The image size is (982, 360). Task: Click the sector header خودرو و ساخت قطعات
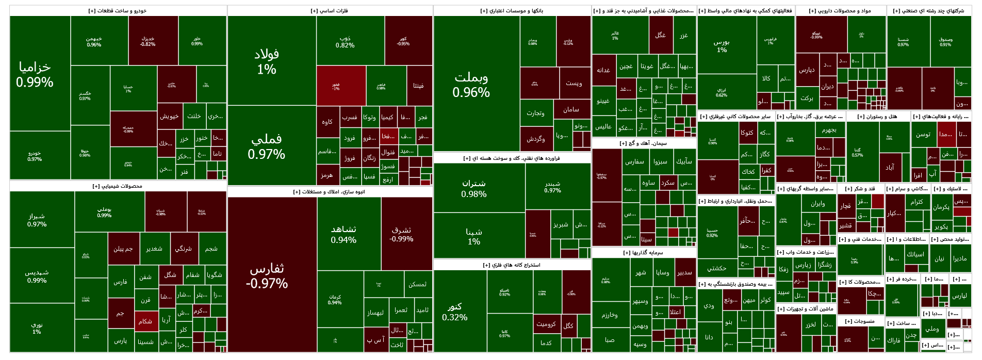[118, 11]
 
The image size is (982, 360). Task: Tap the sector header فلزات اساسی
[330, 11]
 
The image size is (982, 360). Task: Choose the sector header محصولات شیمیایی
[118, 186]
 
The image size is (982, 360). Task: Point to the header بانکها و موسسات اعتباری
[512, 11]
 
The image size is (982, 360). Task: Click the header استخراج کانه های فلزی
[512, 265]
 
